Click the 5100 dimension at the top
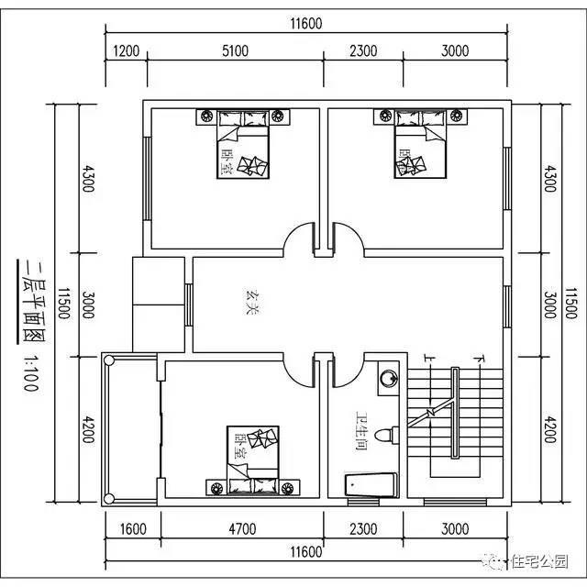pyautogui.click(x=236, y=51)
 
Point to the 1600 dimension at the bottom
pyautogui.click(x=133, y=529)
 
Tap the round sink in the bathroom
pyautogui.click(x=389, y=375)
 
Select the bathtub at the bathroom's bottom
pyautogui.click(x=371, y=486)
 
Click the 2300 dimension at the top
pyautogui.click(x=363, y=51)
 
